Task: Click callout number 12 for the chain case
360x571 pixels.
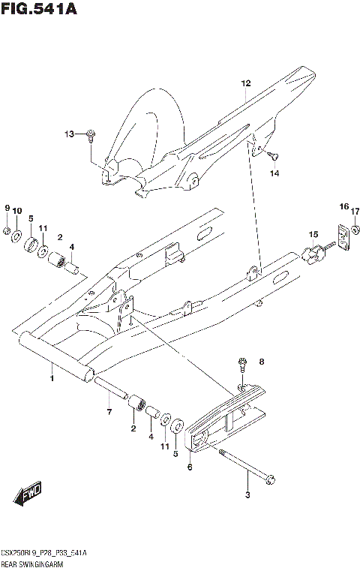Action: pyautogui.click(x=244, y=84)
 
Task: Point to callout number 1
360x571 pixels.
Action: pyautogui.click(x=52, y=368)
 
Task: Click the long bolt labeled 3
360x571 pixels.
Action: pyautogui.click(x=247, y=470)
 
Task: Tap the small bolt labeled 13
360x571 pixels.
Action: pyautogui.click(x=91, y=136)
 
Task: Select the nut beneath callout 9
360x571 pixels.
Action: pyautogui.click(x=7, y=230)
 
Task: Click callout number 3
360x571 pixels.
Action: pyautogui.click(x=247, y=494)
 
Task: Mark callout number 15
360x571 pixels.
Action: pyautogui.click(x=313, y=234)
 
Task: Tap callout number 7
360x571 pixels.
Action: pyautogui.click(x=109, y=412)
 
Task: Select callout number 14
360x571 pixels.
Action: pyautogui.click(x=274, y=174)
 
